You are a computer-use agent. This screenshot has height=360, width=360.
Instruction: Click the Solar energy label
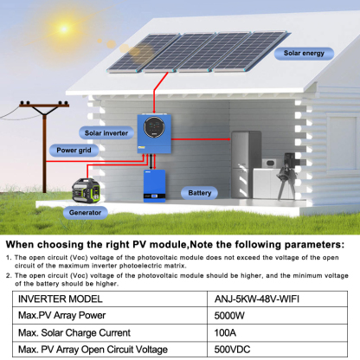(303, 54)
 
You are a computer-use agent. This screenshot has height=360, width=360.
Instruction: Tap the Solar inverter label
(106, 133)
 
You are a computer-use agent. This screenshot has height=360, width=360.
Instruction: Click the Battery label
(199, 193)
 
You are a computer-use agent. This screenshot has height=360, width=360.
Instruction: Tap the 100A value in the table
(226, 332)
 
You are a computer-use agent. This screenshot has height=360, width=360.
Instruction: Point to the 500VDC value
(232, 350)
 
